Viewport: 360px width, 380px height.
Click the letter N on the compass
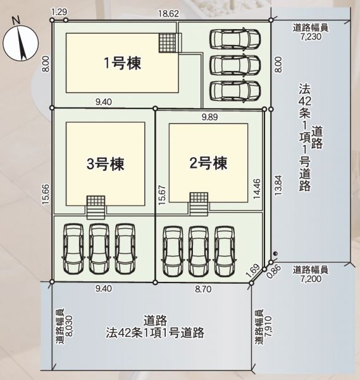click(x=16, y=20)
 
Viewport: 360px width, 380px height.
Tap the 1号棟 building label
click(x=123, y=63)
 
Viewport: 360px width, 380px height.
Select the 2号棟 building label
click(x=208, y=163)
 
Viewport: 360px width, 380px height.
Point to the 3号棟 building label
click(x=105, y=164)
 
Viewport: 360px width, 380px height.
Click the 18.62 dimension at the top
click(x=168, y=13)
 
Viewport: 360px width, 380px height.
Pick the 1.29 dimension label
click(x=59, y=12)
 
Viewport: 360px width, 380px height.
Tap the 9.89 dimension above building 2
click(x=210, y=117)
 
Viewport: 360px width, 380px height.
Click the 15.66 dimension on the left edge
click(x=46, y=194)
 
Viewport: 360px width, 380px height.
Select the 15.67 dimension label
click(x=162, y=195)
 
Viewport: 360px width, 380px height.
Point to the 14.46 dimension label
click(x=257, y=189)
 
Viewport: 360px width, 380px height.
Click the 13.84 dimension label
click(x=278, y=186)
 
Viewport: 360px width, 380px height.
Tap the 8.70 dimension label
click(x=203, y=289)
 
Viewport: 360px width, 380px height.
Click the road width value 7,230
click(x=311, y=37)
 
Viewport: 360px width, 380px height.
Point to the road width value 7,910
click(x=268, y=326)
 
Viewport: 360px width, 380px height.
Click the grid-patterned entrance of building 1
click(x=167, y=43)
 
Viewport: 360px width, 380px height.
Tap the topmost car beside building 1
click(x=235, y=39)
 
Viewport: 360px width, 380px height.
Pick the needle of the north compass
click(x=21, y=42)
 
